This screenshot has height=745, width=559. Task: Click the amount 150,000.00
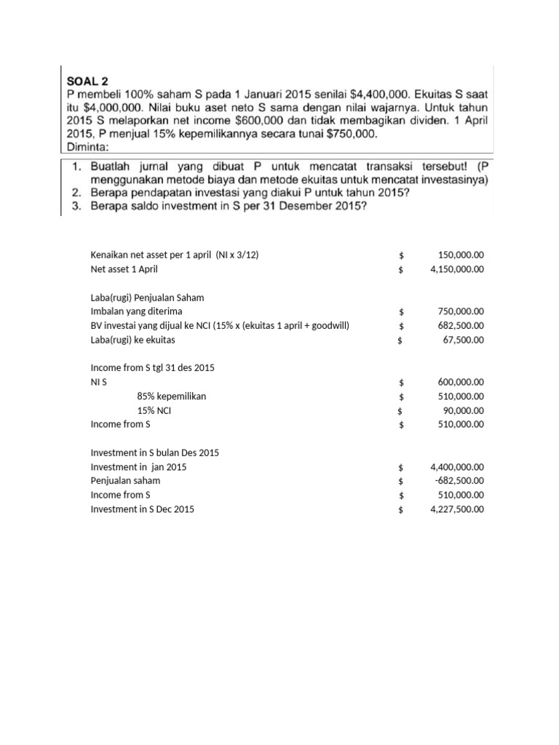[x=461, y=255]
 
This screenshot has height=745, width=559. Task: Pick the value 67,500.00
[x=464, y=340]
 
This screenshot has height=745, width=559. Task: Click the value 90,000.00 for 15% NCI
[x=464, y=410]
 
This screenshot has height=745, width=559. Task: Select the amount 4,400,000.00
[x=457, y=467]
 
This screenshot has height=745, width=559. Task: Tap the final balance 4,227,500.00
[x=457, y=509]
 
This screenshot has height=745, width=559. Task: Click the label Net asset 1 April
[x=124, y=269]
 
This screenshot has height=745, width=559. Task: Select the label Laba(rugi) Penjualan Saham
[x=147, y=298]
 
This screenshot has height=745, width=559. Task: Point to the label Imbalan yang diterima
[x=136, y=311]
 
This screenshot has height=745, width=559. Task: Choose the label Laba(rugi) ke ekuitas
[x=132, y=340]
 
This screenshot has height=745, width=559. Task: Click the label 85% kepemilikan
[x=171, y=397]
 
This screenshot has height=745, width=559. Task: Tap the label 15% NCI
[x=154, y=410]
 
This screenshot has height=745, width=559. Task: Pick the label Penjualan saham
[x=125, y=481]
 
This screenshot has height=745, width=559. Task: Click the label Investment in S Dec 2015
[x=142, y=509]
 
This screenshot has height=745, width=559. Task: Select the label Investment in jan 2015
[x=138, y=467]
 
